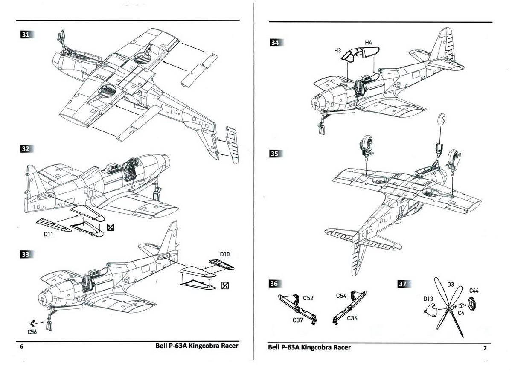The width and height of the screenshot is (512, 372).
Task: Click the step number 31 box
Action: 26,35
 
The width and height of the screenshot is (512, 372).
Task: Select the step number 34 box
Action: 275,43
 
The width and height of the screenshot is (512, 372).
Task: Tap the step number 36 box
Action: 275,284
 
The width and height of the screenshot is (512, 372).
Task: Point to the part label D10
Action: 225,254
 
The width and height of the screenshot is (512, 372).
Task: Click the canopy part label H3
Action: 337,50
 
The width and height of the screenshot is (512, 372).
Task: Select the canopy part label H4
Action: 369,43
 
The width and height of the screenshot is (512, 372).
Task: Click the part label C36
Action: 352,318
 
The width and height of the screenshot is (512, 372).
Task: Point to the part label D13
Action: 429,299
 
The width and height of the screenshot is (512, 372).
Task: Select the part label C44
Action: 474,291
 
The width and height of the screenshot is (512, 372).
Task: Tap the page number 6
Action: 22,347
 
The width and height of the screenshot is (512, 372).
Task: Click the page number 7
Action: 485,348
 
